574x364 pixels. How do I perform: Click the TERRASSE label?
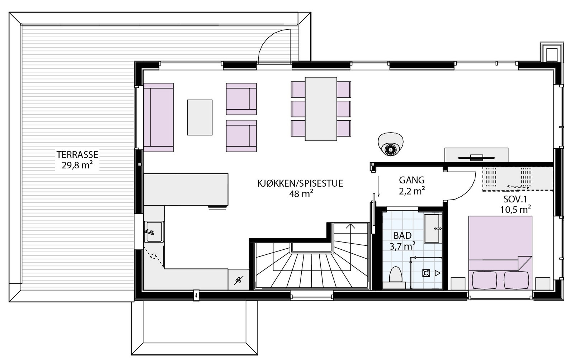[x=77, y=155]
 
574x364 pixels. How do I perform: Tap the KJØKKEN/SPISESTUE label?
[x=300, y=183]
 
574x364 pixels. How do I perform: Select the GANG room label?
[x=411, y=180]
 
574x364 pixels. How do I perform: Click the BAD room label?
[x=402, y=235]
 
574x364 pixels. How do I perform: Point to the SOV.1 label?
[x=515, y=200]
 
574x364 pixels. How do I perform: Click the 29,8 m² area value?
[x=77, y=166]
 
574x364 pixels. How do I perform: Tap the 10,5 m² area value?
[x=515, y=210]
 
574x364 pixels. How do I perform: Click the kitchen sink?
[x=154, y=231]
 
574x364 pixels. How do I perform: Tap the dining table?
[x=321, y=109]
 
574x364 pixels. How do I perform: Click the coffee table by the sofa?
[x=199, y=117]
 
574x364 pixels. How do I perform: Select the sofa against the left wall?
[x=158, y=117]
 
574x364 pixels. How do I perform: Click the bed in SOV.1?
[x=500, y=252]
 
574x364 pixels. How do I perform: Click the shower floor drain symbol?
[x=426, y=273]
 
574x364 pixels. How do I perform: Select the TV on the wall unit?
[x=476, y=157]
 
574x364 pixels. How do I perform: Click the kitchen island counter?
[x=186, y=189]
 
